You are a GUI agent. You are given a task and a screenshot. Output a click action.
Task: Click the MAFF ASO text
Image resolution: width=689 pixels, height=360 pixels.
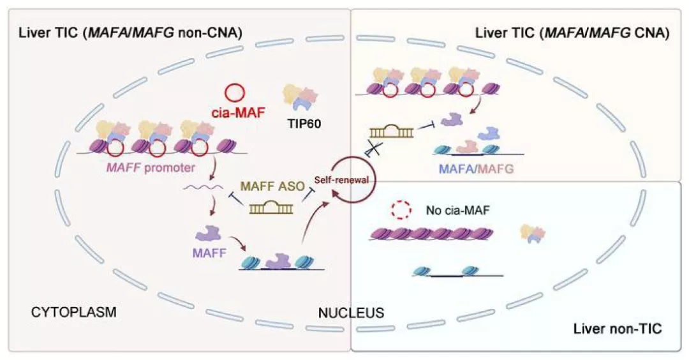[267, 189]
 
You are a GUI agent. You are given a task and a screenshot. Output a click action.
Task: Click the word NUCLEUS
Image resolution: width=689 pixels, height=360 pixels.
[351, 313]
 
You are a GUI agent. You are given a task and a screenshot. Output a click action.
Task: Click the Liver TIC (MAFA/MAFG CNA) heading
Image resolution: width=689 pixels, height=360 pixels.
[572, 33]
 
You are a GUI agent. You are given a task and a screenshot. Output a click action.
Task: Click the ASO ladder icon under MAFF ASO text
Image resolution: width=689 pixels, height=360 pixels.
[267, 207]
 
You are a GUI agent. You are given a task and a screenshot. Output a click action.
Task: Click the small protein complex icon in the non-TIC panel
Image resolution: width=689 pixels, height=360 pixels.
[533, 233]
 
